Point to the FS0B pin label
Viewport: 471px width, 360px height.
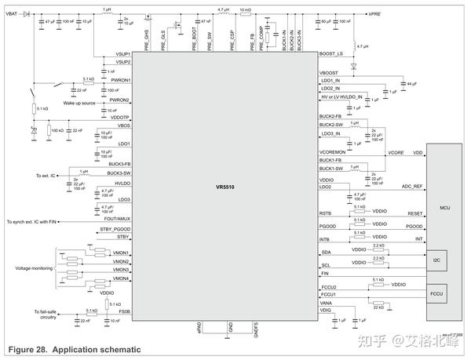click(x=124, y=311)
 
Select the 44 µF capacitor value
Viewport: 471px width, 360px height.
click(x=411, y=82)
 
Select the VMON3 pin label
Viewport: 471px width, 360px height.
click(x=122, y=270)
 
